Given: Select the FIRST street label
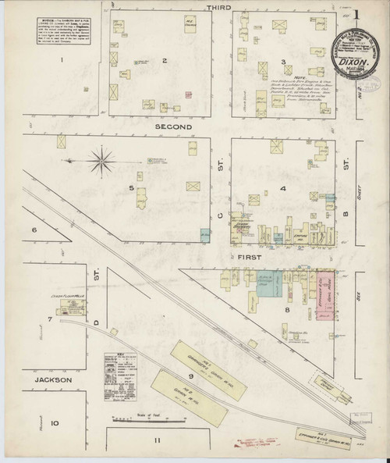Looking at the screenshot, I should pos(248,255).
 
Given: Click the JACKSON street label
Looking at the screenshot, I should pos(58,380).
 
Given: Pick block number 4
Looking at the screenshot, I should pos(284,188).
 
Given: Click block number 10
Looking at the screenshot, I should pos(55,423).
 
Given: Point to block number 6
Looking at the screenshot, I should pos(34,230).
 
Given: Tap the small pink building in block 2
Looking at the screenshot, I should pos(187,95).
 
